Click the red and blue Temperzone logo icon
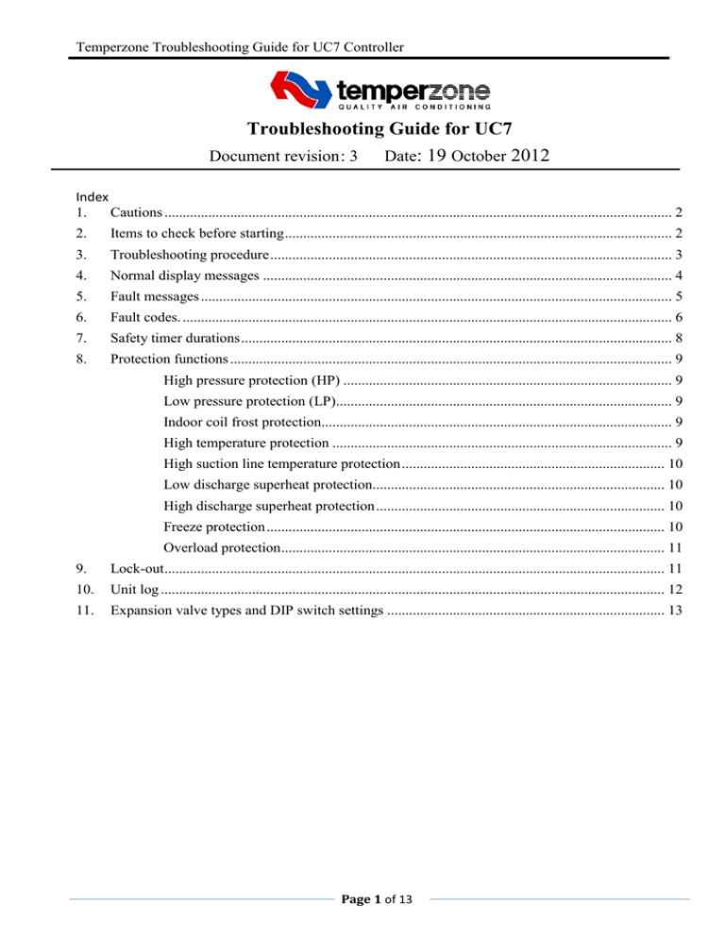[300, 92]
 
